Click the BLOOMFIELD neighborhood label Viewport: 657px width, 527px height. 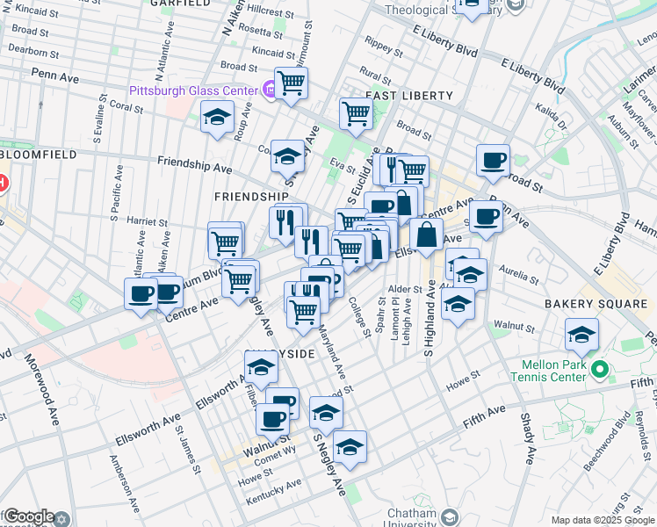[39, 154]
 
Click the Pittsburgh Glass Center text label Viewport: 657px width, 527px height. [192, 90]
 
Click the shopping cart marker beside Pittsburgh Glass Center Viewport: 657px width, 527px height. [291, 84]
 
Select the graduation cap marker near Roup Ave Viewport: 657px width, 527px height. [217, 118]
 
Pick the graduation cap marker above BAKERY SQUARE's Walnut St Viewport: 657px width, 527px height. [581, 335]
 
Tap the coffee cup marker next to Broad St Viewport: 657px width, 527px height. [493, 161]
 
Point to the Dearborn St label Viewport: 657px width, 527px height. [34, 52]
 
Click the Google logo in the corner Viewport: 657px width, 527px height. [28, 516]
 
